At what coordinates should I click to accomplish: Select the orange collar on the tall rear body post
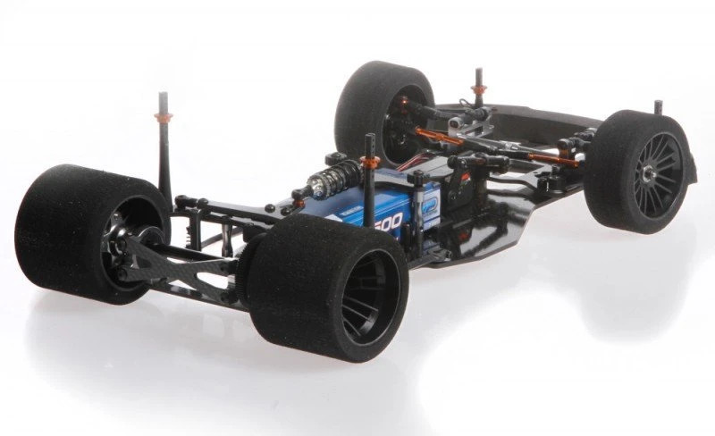pyautogui.click(x=163, y=117)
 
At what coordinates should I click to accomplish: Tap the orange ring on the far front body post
pyautogui.click(x=478, y=89)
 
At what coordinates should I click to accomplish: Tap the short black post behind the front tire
pyautogui.click(x=659, y=107)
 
